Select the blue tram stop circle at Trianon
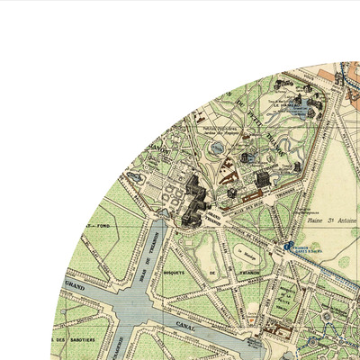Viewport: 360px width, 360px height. coord(288,245)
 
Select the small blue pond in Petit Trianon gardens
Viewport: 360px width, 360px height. coord(219,147)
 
